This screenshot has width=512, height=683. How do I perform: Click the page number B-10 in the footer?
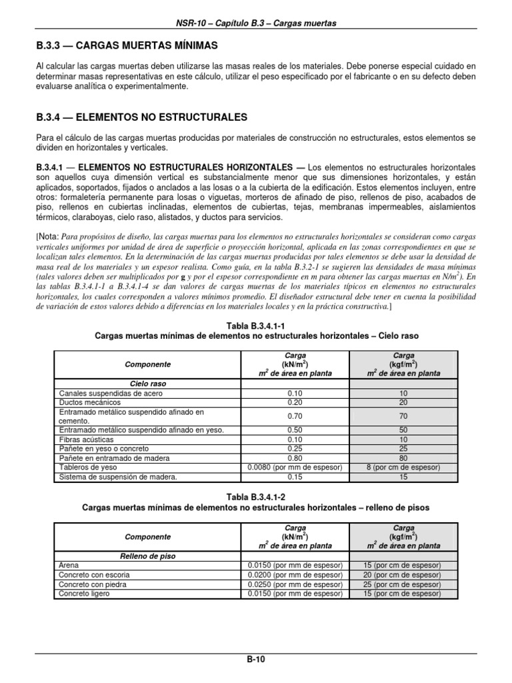pyautogui.click(x=256, y=660)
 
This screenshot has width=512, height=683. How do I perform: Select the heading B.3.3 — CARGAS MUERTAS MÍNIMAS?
pyautogui.click(x=127, y=45)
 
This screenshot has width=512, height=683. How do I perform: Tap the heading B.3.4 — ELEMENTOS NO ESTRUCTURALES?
pyautogui.click(x=141, y=117)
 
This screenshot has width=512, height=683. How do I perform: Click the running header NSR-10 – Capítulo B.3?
pyautogui.click(x=256, y=23)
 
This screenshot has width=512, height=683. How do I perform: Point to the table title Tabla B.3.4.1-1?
pyautogui.click(x=256, y=325)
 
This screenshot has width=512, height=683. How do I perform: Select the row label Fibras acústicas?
pyautogui.click(x=86, y=440)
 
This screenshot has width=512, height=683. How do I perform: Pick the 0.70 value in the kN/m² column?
pyautogui.click(x=295, y=416)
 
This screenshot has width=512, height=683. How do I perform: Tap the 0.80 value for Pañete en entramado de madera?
pyautogui.click(x=295, y=458)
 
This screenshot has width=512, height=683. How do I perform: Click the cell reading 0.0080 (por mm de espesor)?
pyautogui.click(x=295, y=468)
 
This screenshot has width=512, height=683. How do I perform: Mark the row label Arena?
pyautogui.click(x=69, y=565)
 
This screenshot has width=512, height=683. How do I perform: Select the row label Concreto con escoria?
pyautogui.click(x=94, y=574)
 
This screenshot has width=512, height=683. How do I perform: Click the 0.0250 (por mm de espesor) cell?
pyautogui.click(x=295, y=584)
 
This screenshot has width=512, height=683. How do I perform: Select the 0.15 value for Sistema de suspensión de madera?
pyautogui.click(x=295, y=477)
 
